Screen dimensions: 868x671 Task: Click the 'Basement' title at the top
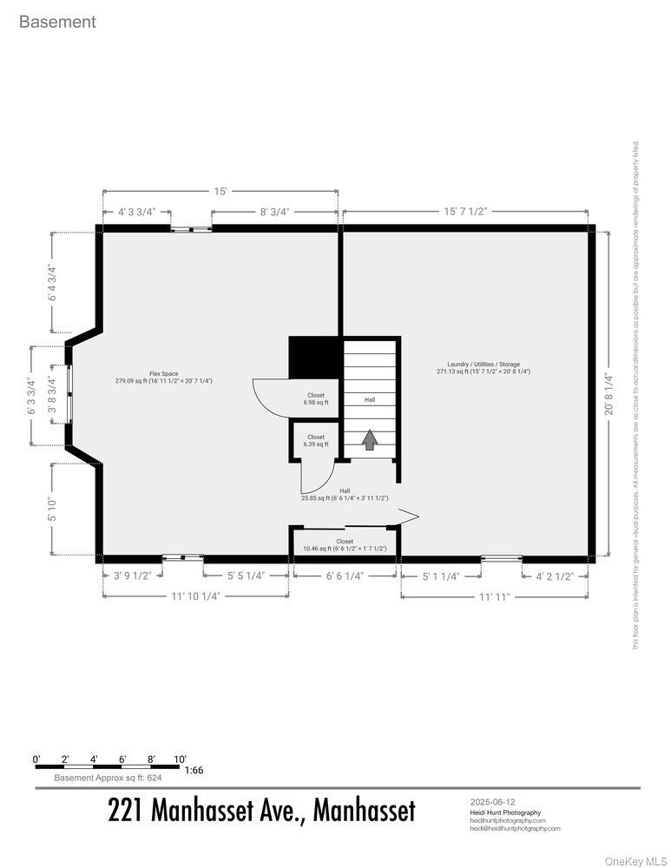click(x=57, y=22)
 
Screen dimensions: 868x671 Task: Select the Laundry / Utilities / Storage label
click(x=484, y=368)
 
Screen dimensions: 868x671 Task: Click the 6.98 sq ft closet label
click(x=316, y=399)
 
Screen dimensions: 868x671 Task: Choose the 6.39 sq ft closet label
click(x=316, y=441)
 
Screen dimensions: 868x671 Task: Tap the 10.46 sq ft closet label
click(x=345, y=545)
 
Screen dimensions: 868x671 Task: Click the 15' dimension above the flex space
click(x=220, y=192)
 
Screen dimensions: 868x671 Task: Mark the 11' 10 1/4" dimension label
click(x=195, y=596)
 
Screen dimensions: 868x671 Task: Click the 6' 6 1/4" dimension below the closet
click(x=345, y=575)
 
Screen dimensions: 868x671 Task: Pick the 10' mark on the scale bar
click(x=180, y=759)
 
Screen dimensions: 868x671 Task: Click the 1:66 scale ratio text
click(x=194, y=770)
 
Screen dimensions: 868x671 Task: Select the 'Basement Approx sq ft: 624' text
click(x=108, y=778)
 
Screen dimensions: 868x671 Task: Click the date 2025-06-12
click(x=492, y=802)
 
